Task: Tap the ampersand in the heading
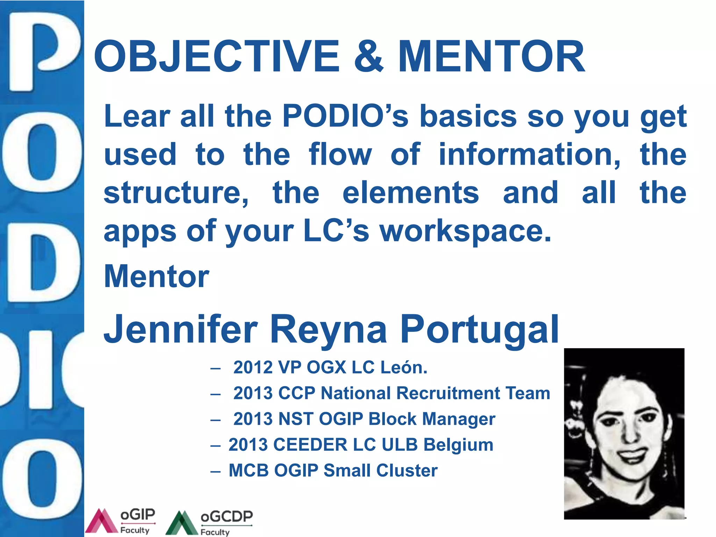368,56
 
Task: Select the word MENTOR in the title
491,56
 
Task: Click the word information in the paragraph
530,155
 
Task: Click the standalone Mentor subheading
157,277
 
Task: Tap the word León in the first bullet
403,367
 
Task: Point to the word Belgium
458,445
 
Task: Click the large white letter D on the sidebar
42,263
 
